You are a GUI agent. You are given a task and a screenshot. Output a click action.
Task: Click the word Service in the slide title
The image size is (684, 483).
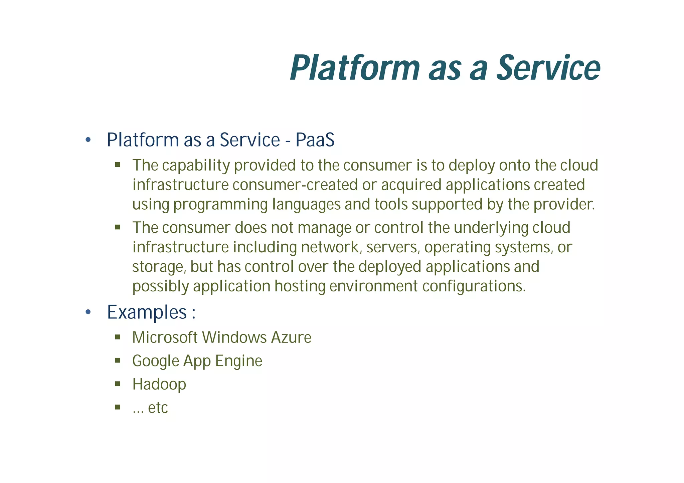(x=548, y=68)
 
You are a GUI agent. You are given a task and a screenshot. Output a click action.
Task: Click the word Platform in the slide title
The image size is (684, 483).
(x=354, y=68)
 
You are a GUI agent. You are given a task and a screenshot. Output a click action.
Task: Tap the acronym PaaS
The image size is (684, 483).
(x=315, y=140)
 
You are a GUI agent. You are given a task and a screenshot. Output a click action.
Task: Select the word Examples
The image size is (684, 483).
(x=147, y=313)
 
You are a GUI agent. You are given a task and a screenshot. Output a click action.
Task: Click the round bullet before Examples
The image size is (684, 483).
(x=88, y=312)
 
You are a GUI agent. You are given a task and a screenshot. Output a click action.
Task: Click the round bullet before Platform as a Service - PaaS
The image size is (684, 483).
(x=88, y=140)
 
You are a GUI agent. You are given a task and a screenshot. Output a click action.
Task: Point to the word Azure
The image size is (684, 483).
(x=291, y=337)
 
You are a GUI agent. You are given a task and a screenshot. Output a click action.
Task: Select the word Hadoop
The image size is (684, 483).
(x=159, y=384)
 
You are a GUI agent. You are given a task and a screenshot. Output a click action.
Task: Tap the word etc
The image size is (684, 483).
(x=158, y=408)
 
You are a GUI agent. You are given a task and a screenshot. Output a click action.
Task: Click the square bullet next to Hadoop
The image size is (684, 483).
(x=118, y=384)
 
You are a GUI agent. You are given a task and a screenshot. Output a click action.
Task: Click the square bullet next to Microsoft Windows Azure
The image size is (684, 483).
(x=118, y=337)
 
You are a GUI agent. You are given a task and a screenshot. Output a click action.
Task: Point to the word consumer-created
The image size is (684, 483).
(x=295, y=185)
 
